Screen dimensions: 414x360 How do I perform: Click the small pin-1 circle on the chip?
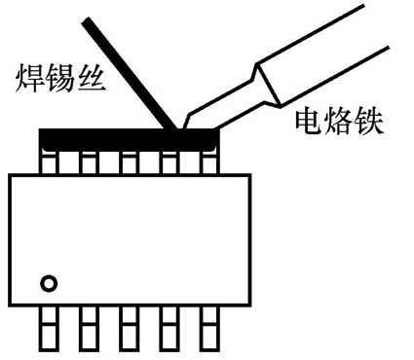pyautogui.click(x=48, y=284)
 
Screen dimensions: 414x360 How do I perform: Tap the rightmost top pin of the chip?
pyautogui.click(x=208, y=162)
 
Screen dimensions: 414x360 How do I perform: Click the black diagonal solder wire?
pyautogui.click(x=132, y=73)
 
